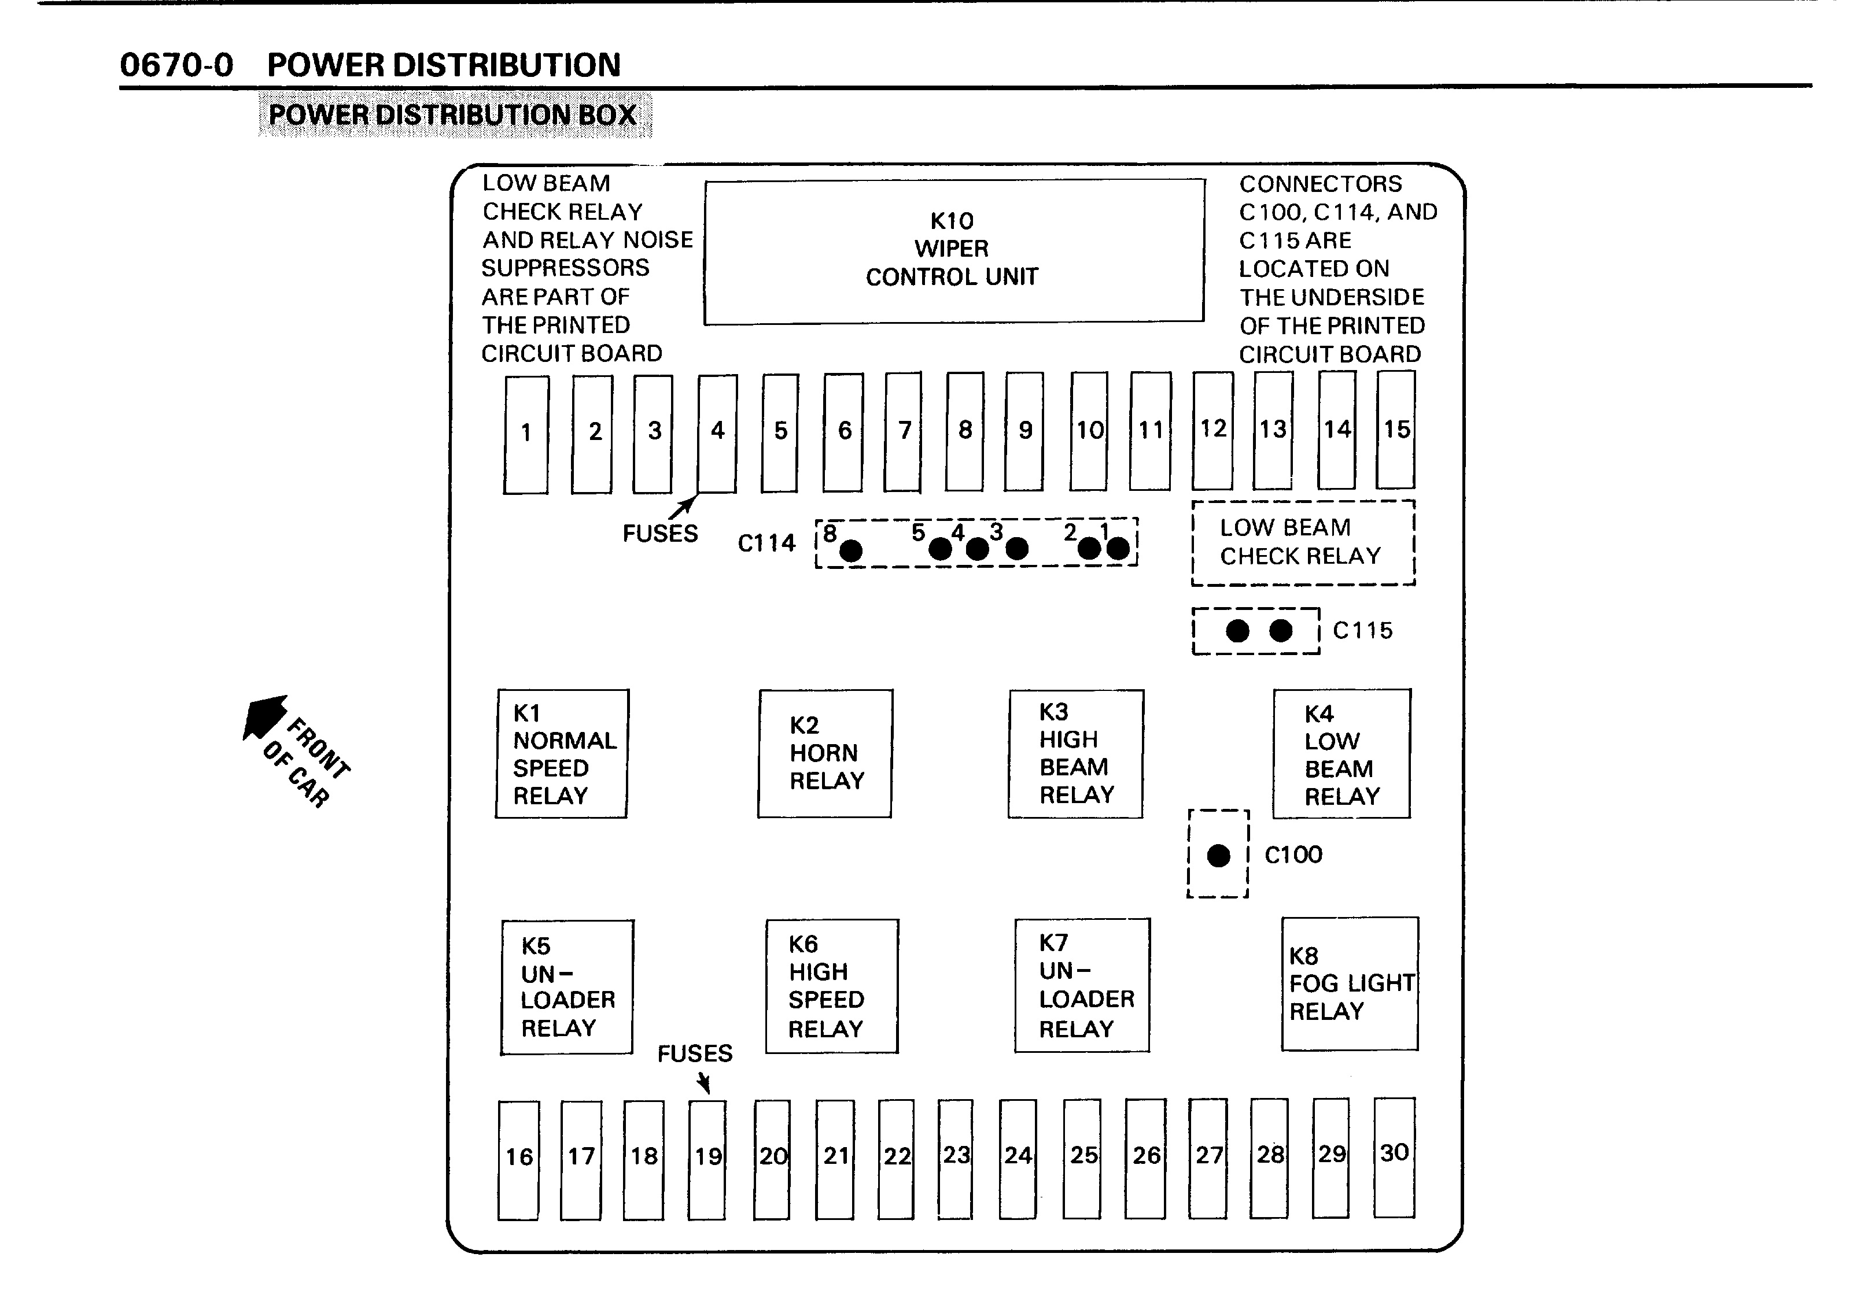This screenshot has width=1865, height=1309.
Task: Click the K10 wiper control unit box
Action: pos(954,252)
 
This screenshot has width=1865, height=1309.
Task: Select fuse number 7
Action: pos(903,432)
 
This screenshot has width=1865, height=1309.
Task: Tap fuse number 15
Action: pos(1395,430)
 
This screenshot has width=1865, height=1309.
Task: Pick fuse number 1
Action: pos(526,434)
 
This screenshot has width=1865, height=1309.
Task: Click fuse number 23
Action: pos(955,1159)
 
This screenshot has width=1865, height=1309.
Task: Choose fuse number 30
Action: pos(1394,1157)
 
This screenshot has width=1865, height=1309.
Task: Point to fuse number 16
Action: pos(519,1160)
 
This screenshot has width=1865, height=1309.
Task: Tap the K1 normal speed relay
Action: pos(562,753)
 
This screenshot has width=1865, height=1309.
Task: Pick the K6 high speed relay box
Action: pos(832,986)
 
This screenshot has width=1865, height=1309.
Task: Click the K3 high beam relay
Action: pos(1075,753)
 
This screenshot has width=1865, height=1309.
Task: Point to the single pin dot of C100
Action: pos(1218,855)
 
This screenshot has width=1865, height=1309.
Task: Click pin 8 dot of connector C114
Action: pos(850,552)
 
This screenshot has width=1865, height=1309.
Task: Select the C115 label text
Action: pos(1362,631)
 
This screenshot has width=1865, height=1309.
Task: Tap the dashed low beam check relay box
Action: pos(1303,542)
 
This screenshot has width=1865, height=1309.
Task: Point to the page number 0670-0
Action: pos(176,65)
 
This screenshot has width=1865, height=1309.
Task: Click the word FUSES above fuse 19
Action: pos(695,1053)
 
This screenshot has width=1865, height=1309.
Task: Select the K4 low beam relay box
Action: pos(1342,753)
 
